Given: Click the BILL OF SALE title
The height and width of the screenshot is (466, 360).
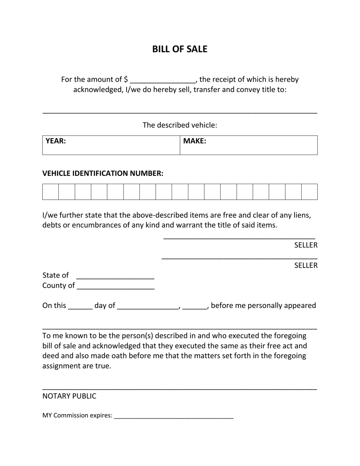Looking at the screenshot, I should pos(180,49).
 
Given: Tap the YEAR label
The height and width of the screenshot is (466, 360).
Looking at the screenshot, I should pos(56,141).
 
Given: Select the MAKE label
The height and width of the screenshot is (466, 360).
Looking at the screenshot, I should pos(195,141).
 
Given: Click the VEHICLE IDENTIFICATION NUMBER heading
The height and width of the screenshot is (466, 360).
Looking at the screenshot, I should pos(103,174).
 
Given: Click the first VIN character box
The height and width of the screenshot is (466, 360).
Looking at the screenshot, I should pos(50,192).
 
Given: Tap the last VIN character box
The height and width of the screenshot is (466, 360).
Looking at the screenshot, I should pos(309,192).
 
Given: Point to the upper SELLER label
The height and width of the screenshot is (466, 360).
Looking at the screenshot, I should pos(306,245).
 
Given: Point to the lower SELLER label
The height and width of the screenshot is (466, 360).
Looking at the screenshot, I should pos(306,266).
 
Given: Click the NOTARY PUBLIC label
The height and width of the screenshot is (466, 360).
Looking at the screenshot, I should pos(69,396).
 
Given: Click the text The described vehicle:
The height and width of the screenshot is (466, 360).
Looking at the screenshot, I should pos(180,125).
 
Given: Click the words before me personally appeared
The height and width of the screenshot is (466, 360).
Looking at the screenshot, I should pos(263,305).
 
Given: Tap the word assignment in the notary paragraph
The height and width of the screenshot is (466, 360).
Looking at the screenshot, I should pos(61,366).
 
